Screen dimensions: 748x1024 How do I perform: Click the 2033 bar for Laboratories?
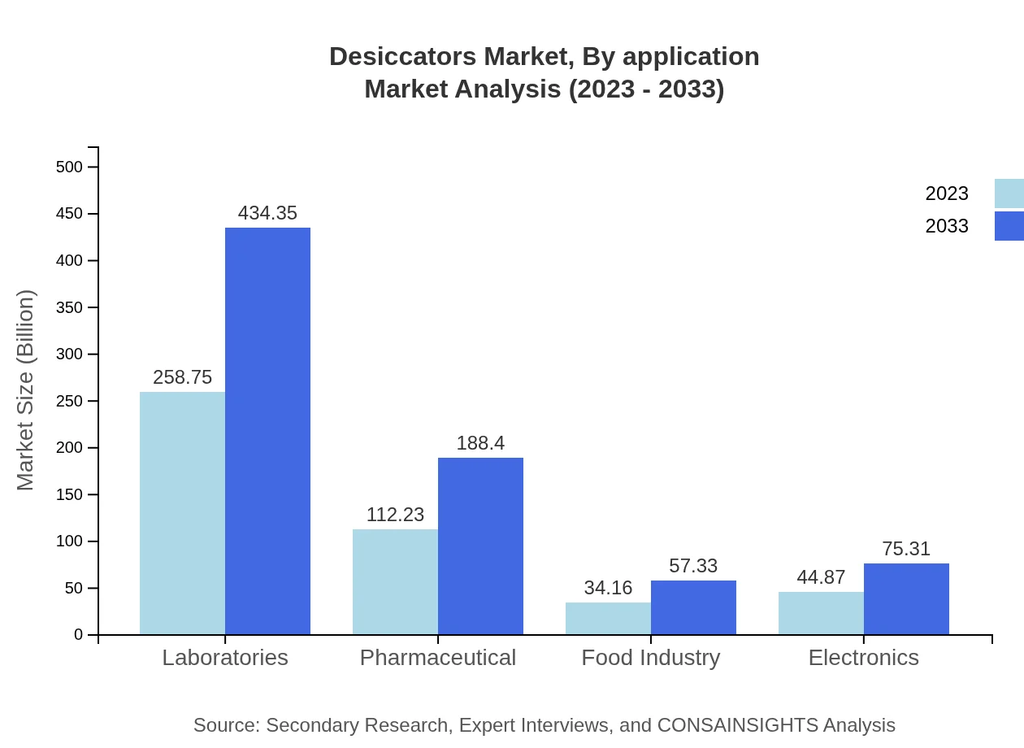click(267, 431)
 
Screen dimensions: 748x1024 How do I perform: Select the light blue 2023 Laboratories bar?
click(182, 513)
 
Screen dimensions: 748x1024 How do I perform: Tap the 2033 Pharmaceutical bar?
click(480, 546)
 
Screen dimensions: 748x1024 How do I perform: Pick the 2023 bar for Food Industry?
click(608, 619)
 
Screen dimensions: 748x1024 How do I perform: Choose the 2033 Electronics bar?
click(906, 599)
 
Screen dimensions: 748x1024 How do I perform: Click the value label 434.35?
click(267, 213)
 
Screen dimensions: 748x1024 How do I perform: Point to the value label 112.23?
click(395, 515)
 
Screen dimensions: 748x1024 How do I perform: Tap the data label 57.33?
click(693, 566)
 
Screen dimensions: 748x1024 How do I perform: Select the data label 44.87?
click(821, 577)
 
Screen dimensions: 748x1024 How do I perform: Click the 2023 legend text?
click(947, 194)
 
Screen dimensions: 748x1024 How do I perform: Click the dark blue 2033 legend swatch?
click(1009, 226)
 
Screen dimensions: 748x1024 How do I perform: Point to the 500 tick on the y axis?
click(69, 167)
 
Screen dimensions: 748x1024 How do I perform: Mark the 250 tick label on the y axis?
click(69, 402)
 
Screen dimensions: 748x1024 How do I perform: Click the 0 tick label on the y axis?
click(79, 635)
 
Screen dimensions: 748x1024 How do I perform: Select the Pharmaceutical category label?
click(438, 657)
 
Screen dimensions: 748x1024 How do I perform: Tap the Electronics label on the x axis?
click(863, 657)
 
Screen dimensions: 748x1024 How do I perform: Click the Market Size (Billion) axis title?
click(26, 390)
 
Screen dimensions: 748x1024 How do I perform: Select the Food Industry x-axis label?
click(651, 657)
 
